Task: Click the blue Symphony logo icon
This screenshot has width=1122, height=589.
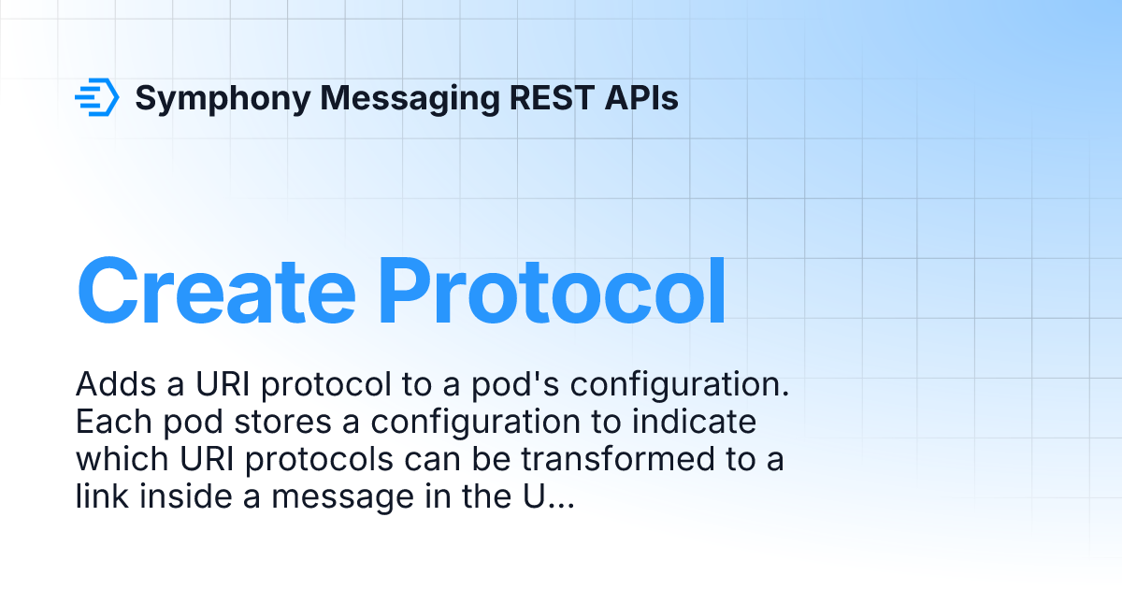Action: point(97,97)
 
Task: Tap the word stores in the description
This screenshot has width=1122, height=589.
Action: point(281,423)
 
